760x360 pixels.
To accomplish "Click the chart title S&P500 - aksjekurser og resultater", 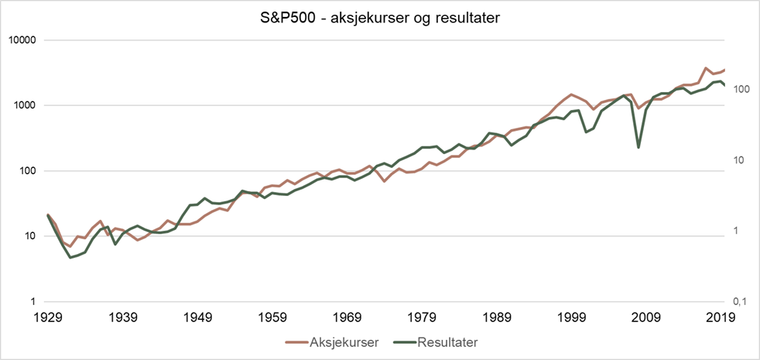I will click(x=380, y=16).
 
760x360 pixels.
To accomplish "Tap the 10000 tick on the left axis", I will click(x=28, y=40).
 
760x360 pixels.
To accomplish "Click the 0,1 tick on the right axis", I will click(x=741, y=302).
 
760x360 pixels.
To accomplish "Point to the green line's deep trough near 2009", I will click(x=638, y=147).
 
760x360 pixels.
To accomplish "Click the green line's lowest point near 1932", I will click(x=70, y=257).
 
